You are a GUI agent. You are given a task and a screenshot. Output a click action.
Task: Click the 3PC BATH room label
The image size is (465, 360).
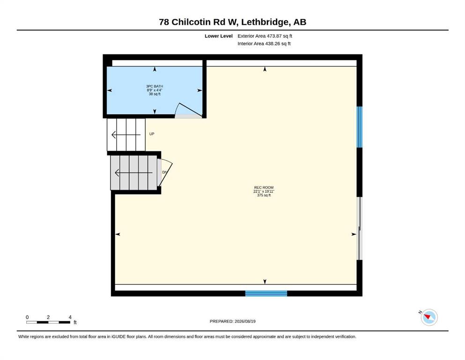click(x=155, y=86)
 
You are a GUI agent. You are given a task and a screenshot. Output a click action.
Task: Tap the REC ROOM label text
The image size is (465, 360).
click(x=264, y=187)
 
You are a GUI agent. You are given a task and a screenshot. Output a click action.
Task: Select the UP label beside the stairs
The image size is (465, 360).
click(x=152, y=134)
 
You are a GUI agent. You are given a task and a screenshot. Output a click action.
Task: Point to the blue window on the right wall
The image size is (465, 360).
click(x=359, y=127)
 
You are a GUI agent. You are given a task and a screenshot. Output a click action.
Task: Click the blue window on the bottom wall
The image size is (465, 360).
click(x=266, y=293)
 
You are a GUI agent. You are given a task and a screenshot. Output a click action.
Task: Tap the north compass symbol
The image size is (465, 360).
click(x=428, y=317)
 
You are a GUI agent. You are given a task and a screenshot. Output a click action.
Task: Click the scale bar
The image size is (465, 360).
click(x=48, y=322)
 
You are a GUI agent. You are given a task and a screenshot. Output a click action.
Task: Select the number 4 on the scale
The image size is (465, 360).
click(x=70, y=317)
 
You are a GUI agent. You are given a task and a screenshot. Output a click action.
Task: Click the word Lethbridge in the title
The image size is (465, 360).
click(x=265, y=22)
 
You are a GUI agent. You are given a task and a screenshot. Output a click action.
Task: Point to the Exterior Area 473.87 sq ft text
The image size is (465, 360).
click(x=265, y=36)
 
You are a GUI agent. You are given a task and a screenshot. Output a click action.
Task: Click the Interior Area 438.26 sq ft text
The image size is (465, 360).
click(x=264, y=44)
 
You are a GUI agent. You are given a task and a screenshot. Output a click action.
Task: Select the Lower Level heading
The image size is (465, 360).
click(x=219, y=36)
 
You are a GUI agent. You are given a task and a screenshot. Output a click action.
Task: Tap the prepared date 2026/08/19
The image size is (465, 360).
click(x=245, y=321)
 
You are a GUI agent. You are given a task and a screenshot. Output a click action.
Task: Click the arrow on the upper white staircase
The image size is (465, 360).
click(x=126, y=135)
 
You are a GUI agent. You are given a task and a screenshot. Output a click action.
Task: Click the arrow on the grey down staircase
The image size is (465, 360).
click(x=134, y=172)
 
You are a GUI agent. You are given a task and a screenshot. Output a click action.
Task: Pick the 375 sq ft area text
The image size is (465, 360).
click(x=264, y=195)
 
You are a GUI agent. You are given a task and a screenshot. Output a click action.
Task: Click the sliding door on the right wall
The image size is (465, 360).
click(x=359, y=229)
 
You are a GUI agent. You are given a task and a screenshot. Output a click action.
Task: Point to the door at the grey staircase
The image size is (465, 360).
click(x=165, y=172)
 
